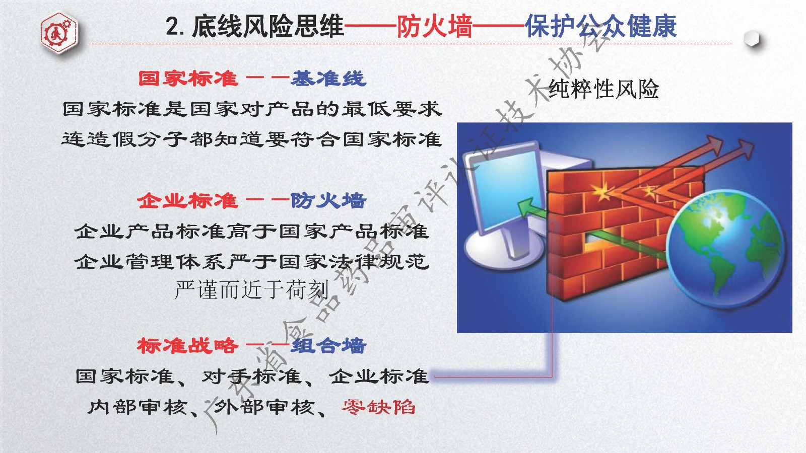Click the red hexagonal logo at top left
click(x=59, y=33)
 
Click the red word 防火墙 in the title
click(x=434, y=26)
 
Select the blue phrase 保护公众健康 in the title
click(x=601, y=26)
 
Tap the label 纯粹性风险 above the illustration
click(x=603, y=89)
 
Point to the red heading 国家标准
click(x=188, y=79)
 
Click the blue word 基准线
click(x=328, y=79)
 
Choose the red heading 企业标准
click(x=187, y=201)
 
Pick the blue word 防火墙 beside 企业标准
click(x=328, y=201)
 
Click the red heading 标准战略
click(x=187, y=346)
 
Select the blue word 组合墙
click(x=328, y=346)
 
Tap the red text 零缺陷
click(x=378, y=407)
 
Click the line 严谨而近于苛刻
click(x=251, y=290)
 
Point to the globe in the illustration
click(x=725, y=249)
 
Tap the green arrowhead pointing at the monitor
click(x=526, y=208)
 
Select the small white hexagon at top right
click(x=752, y=38)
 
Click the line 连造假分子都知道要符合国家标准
click(x=251, y=139)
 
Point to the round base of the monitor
click(x=504, y=249)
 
